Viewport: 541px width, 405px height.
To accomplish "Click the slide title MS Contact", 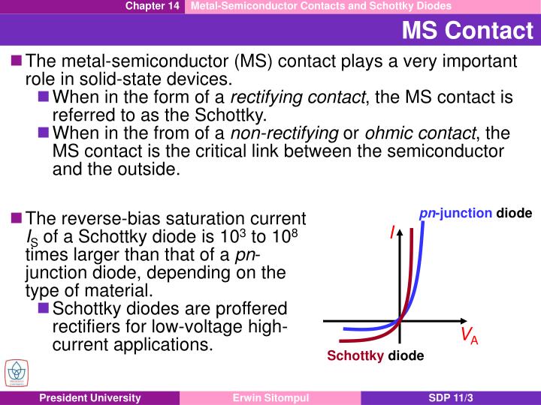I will (x=467, y=31).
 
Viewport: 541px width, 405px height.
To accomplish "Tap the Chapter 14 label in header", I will (x=152, y=6).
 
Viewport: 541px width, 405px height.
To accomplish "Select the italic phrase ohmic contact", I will (x=421, y=133).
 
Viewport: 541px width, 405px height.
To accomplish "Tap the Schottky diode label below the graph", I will (x=375, y=355).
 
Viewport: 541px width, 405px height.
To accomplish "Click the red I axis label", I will (x=391, y=234).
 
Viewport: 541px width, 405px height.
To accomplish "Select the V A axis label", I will (x=470, y=334).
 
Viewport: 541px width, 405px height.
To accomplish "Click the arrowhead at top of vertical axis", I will (x=400, y=232).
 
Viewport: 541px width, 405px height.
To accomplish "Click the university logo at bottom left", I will (x=15, y=373).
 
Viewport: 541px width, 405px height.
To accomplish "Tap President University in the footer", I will (x=90, y=397).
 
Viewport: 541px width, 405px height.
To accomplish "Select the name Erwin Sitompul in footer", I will (x=270, y=397).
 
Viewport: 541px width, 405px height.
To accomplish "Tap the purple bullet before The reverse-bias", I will (x=17, y=218).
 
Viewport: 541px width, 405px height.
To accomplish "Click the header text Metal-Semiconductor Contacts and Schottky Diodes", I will (x=321, y=6).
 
